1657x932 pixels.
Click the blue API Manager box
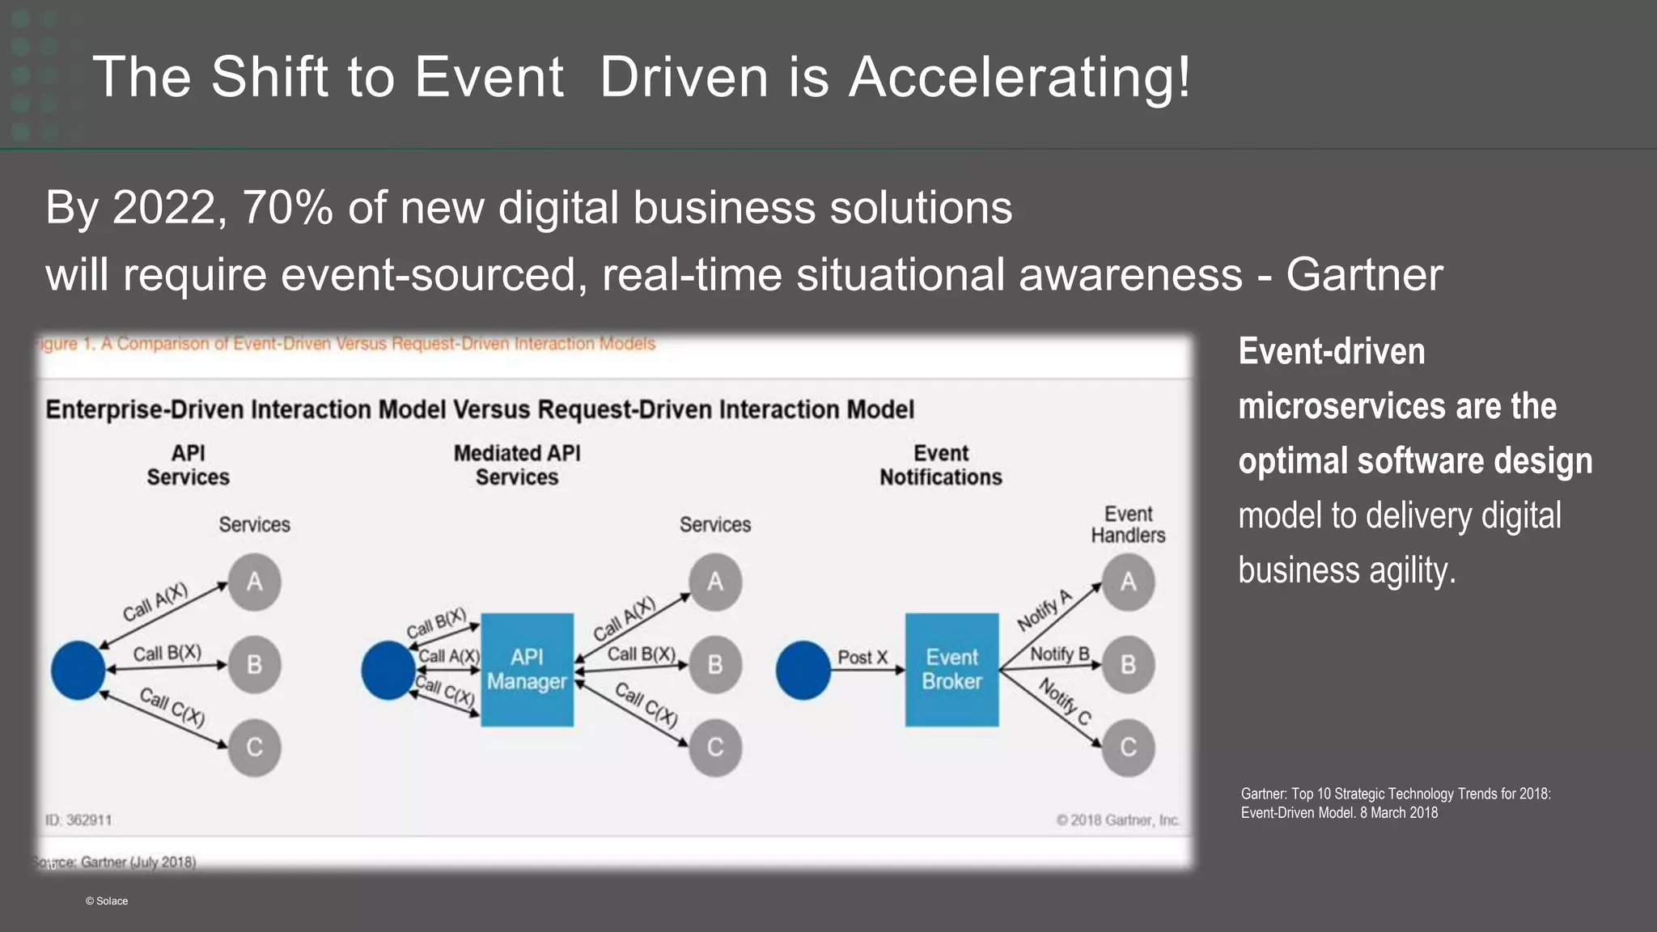[x=527, y=669]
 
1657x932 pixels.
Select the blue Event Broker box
[x=951, y=669]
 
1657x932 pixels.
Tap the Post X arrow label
[x=862, y=657]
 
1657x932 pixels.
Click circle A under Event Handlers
[x=1128, y=582]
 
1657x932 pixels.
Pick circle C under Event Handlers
[x=1128, y=747]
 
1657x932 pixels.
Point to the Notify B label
[x=1060, y=654]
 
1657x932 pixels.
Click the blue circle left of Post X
[x=803, y=670]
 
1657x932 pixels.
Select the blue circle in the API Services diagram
[x=78, y=670]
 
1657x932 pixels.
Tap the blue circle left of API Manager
[x=388, y=670]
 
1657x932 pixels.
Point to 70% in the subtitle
[x=287, y=207]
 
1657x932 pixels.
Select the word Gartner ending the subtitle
[x=1364, y=274]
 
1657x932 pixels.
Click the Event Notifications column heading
[x=941, y=465]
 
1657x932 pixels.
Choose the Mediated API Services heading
[x=517, y=465]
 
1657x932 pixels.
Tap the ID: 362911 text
[x=78, y=820]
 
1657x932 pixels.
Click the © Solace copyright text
[x=107, y=901]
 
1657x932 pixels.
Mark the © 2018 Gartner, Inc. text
[x=1118, y=820]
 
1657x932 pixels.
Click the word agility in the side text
[x=1412, y=570]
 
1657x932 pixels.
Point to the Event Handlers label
[x=1128, y=524]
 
